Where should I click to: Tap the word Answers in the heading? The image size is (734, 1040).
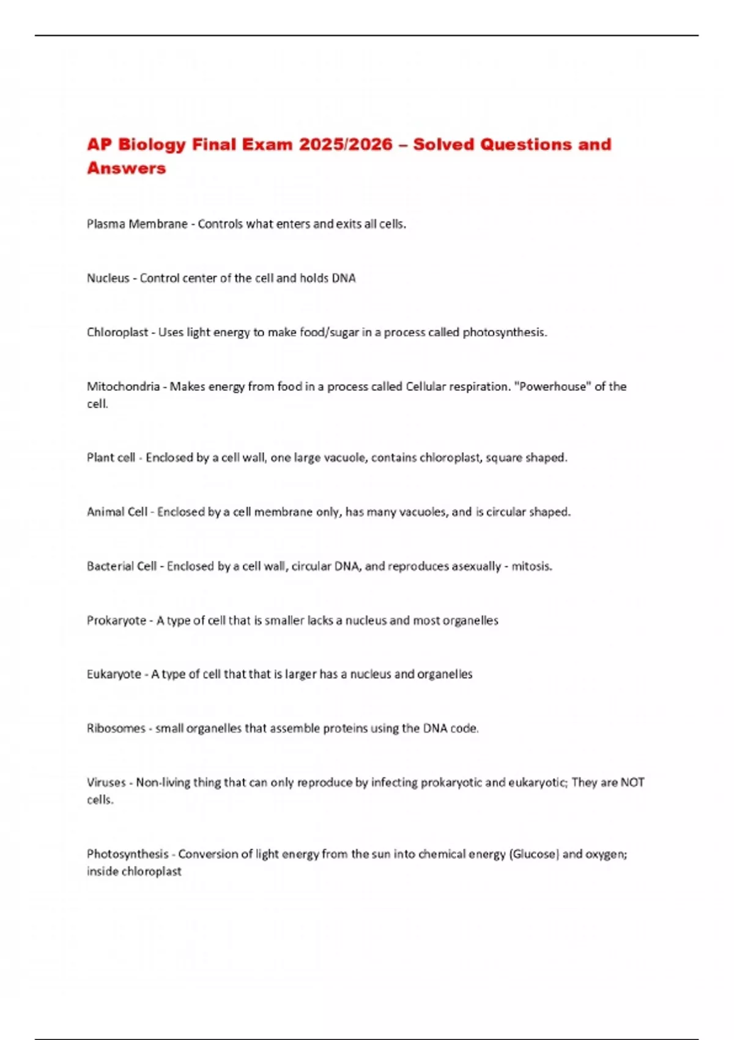click(x=127, y=168)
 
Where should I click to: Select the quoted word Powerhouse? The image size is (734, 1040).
click(x=554, y=387)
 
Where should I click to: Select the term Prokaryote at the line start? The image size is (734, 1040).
click(x=116, y=621)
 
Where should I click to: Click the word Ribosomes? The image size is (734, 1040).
click(x=116, y=729)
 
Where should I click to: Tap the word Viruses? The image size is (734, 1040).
click(x=106, y=782)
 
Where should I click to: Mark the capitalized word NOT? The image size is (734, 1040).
click(x=632, y=782)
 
